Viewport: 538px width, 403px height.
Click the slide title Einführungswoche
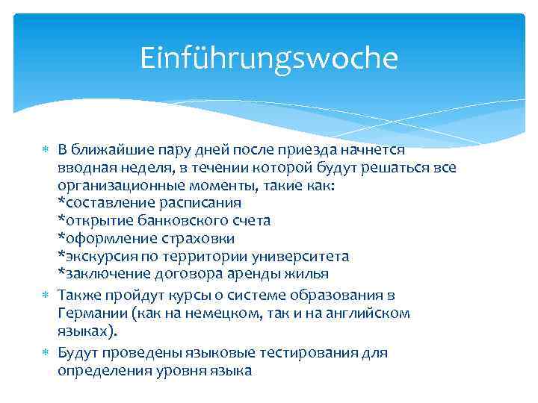(x=269, y=58)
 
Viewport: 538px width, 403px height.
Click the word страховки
(x=196, y=238)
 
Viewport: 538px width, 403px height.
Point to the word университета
(x=304, y=256)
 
